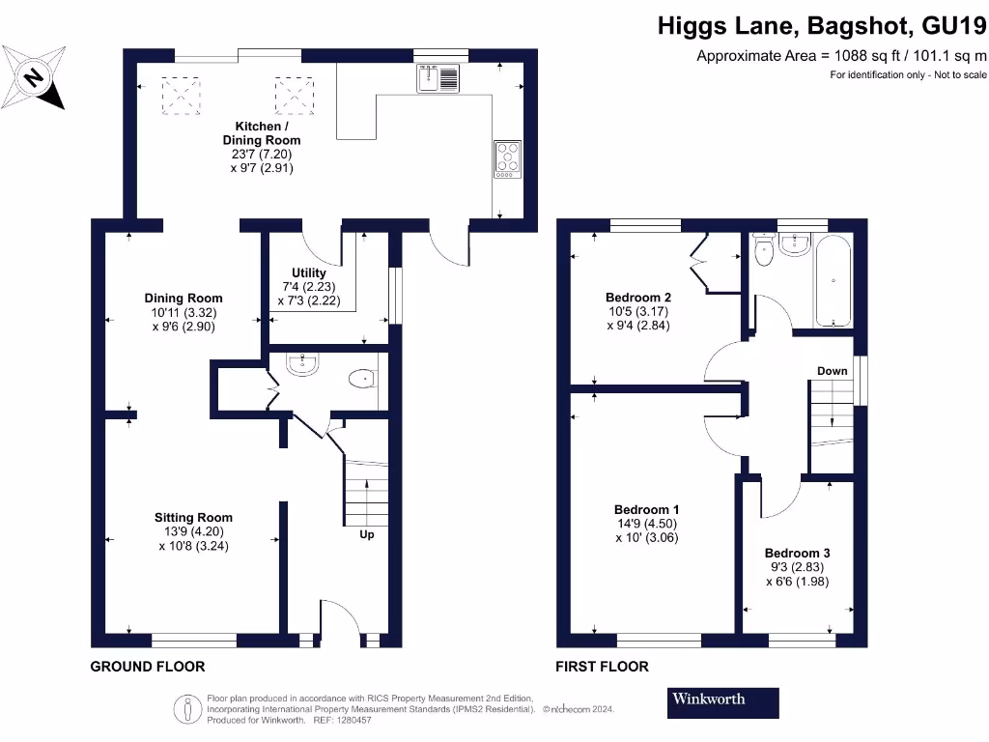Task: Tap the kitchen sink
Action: click(x=439, y=78)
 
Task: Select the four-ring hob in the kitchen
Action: click(x=507, y=159)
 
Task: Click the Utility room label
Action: click(x=309, y=273)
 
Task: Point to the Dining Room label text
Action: click(x=184, y=298)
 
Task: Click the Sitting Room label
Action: click(x=194, y=517)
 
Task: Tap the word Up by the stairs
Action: click(x=367, y=534)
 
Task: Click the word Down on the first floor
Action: click(x=832, y=371)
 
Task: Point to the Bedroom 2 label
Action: click(x=638, y=298)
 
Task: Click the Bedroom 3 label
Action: click(x=797, y=554)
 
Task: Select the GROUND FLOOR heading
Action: click(x=148, y=667)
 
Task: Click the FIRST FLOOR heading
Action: click(x=602, y=667)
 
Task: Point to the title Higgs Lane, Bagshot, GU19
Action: click(x=822, y=26)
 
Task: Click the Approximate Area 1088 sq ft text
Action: click(x=841, y=56)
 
